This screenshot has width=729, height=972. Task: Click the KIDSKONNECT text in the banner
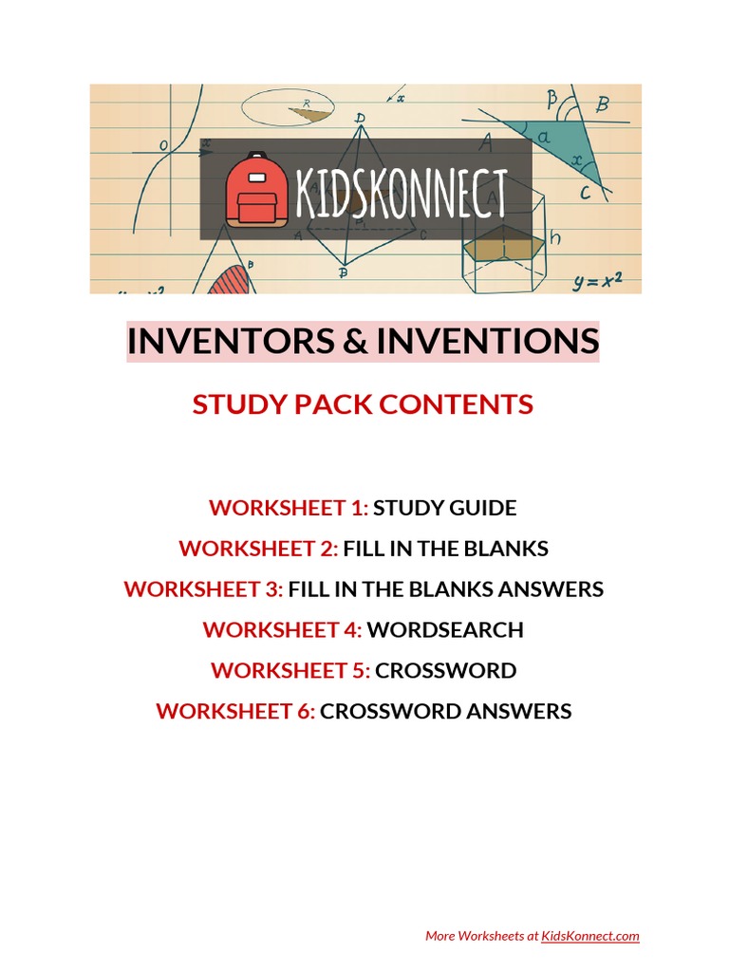401,192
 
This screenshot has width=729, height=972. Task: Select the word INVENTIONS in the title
487,341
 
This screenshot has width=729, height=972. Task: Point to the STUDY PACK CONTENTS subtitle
363,404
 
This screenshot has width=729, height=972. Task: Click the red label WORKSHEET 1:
289,508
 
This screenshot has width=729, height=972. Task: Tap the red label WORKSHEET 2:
258,549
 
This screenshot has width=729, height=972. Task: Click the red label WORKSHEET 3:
203,589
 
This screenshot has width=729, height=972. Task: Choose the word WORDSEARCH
445,629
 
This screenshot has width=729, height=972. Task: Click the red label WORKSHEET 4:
282,629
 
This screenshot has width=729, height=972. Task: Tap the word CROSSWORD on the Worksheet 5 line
446,670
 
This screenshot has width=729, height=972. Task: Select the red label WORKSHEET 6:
235,711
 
